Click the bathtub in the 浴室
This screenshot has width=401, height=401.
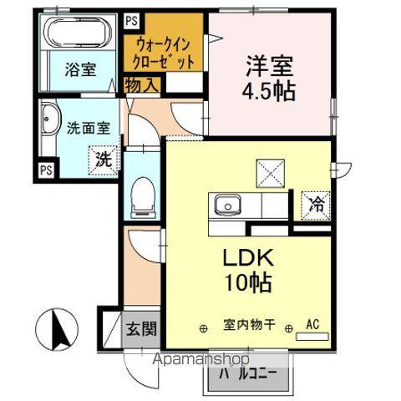point(79,33)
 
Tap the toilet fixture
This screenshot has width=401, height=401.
point(143,198)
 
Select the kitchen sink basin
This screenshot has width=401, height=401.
point(228,205)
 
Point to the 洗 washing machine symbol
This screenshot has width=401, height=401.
point(104,160)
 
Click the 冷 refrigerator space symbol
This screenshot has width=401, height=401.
point(316,206)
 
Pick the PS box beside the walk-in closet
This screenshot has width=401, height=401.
point(131,21)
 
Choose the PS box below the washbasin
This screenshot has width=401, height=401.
point(46,170)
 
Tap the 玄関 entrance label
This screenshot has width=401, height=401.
point(141,329)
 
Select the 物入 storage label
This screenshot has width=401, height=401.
point(142,85)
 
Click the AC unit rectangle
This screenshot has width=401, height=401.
point(312,337)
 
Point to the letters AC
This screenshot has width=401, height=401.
point(312,324)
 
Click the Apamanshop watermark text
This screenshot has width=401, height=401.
point(201,359)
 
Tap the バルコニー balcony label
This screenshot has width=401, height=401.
point(248,374)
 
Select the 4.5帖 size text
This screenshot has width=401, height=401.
point(268,91)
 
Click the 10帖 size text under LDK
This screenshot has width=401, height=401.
point(248,282)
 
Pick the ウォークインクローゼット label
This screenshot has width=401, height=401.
point(163,54)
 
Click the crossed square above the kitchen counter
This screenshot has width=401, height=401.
point(271,173)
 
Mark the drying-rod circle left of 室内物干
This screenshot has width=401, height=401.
point(204,329)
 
